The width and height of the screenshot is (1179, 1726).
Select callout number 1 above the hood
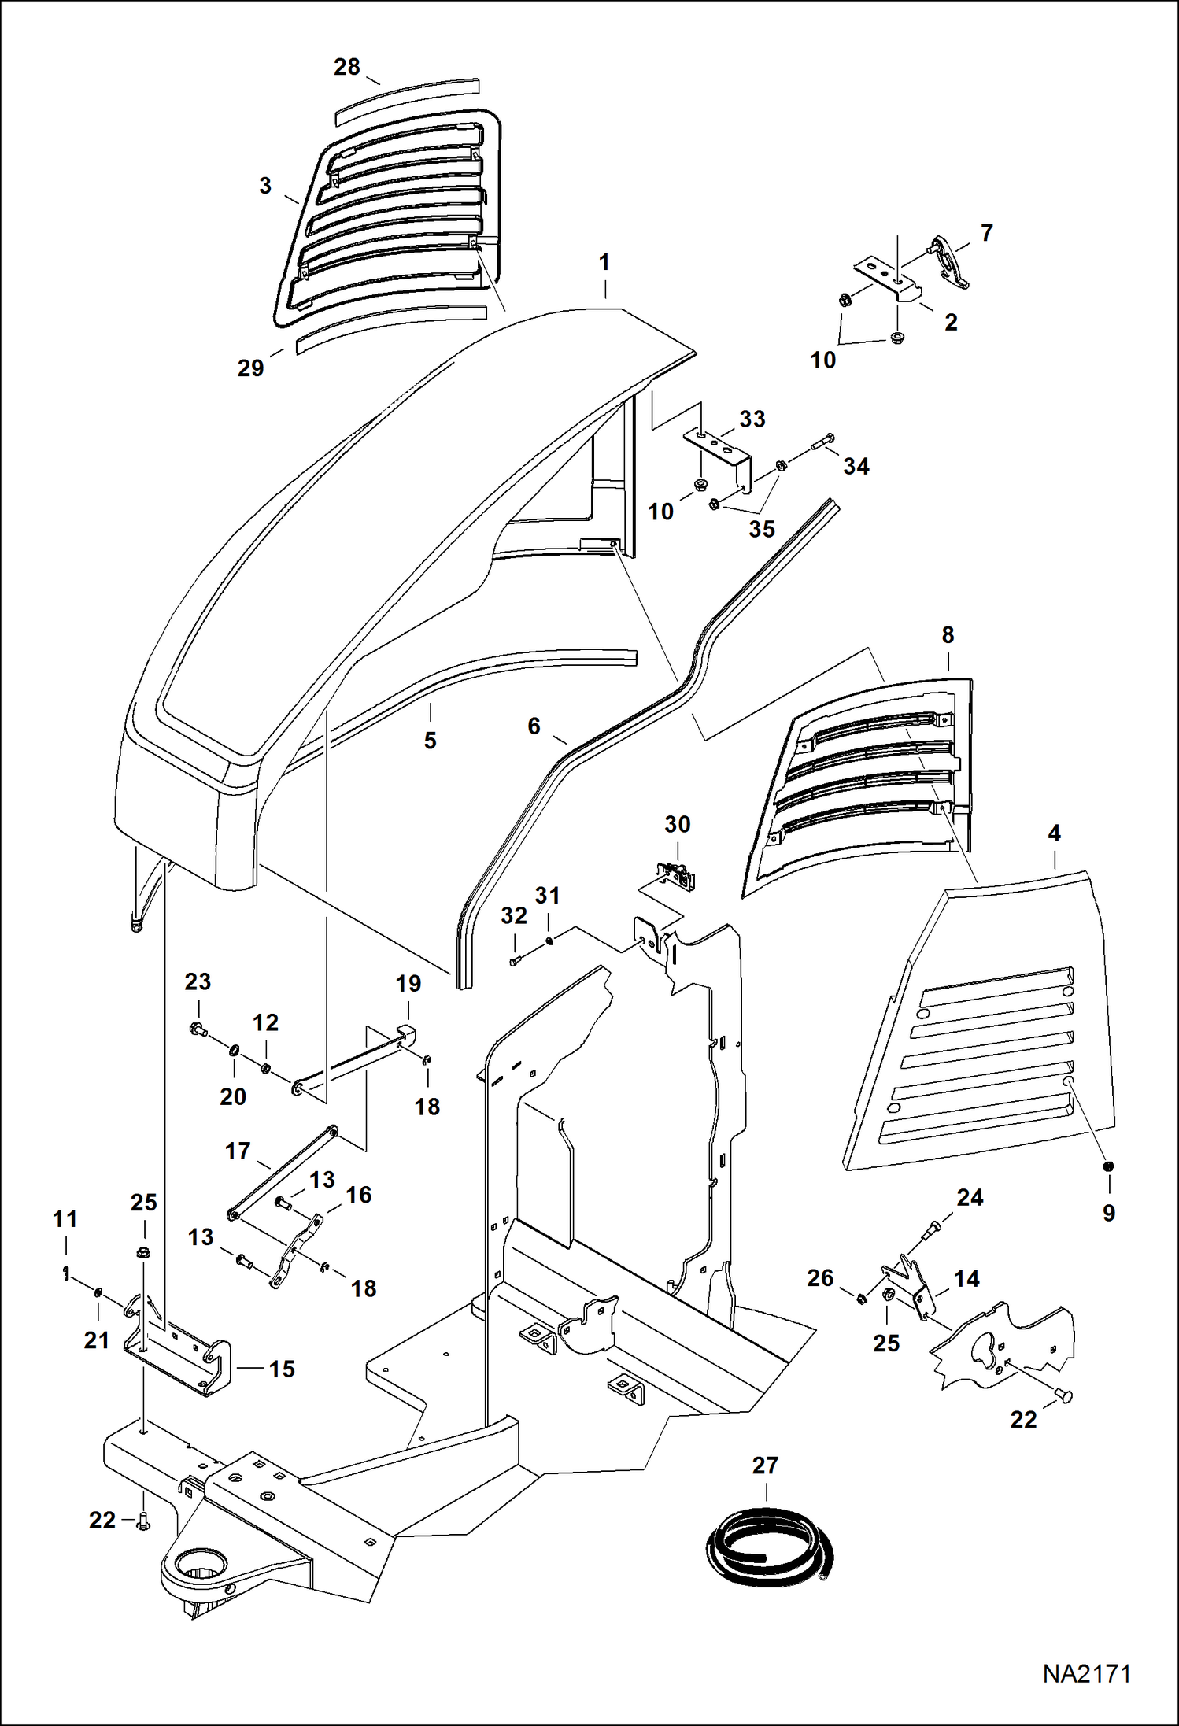click(604, 262)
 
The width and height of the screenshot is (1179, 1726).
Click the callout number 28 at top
click(346, 67)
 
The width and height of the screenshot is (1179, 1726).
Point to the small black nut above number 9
click(1107, 1166)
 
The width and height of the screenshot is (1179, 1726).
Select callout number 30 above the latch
click(677, 824)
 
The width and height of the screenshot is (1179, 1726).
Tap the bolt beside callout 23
click(197, 1028)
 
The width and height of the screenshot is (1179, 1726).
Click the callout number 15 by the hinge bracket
click(281, 1369)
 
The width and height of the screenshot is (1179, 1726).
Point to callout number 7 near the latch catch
click(986, 233)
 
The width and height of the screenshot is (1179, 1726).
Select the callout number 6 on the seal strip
click(534, 726)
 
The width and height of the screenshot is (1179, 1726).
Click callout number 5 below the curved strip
click(430, 740)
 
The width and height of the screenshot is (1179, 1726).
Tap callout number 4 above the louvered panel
click(1054, 833)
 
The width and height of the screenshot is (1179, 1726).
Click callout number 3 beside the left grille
click(265, 186)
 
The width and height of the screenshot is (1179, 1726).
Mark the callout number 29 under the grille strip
click(250, 368)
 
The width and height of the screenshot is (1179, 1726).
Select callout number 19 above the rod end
click(408, 983)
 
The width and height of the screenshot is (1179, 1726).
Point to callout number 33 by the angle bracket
click(752, 419)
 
